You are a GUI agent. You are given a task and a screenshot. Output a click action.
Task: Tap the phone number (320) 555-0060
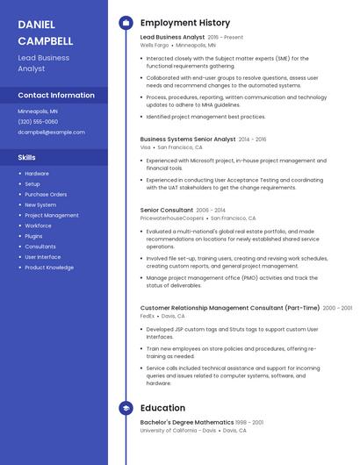pyautogui.click(x=38, y=122)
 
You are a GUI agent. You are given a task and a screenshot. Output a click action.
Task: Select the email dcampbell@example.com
pyautogui.click(x=52, y=132)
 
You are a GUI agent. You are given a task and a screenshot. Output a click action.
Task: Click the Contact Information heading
pyautogui.click(x=56, y=95)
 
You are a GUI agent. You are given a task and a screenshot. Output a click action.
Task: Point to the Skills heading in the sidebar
pyautogui.click(x=26, y=157)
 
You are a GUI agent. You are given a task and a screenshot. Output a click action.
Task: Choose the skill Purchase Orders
pyautogui.click(x=46, y=194)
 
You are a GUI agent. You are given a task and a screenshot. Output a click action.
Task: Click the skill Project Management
pyautogui.click(x=52, y=215)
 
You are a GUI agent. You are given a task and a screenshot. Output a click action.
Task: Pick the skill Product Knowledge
pyautogui.click(x=49, y=268)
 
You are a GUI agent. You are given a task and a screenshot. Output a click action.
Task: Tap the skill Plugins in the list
pyautogui.click(x=33, y=236)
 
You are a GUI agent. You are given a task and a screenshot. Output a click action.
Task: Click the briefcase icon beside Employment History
pyautogui.click(x=126, y=23)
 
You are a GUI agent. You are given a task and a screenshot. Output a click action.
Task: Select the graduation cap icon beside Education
pyautogui.click(x=126, y=408)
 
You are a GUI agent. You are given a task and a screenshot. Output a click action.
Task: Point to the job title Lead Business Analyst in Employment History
pyautogui.click(x=172, y=38)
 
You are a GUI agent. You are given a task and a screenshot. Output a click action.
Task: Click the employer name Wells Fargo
pyautogui.click(x=155, y=45)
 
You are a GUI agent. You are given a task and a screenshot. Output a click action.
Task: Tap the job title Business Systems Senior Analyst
pyautogui.click(x=188, y=139)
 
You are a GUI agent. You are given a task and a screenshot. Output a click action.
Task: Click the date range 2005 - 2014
pyautogui.click(x=211, y=211)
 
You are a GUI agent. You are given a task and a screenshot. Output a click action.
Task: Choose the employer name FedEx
pyautogui.click(x=148, y=316)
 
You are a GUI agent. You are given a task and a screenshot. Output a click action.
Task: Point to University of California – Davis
pyautogui.click(x=178, y=431)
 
